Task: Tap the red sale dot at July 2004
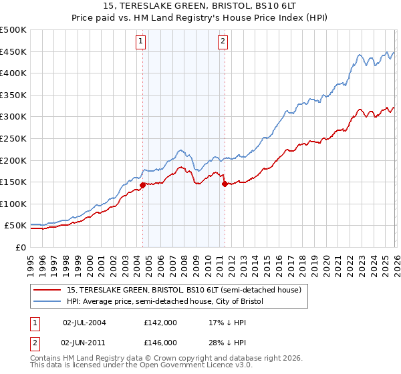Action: pyautogui.click(x=142, y=185)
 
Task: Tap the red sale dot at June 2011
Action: pyautogui.click(x=224, y=184)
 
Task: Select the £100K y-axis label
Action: pyautogui.click(x=13, y=204)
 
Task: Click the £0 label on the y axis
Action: pyautogui.click(x=21, y=247)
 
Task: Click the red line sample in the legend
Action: pyautogui.click(x=47, y=290)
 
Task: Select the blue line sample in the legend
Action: pyautogui.click(x=47, y=302)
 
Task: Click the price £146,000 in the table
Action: pyautogui.click(x=160, y=342)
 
